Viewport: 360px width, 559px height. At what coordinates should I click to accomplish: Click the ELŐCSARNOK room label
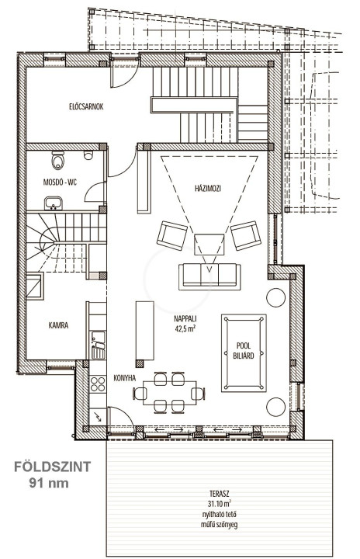pos(86,106)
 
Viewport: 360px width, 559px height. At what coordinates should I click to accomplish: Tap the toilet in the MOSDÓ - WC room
pos(57,160)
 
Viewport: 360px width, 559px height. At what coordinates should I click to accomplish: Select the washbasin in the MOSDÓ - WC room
pos(54,203)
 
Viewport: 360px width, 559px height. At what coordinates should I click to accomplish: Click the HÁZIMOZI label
pos(208,188)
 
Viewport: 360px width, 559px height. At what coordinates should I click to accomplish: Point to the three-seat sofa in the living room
pos(209,276)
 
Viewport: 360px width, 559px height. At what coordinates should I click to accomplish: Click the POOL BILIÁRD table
pos(244,353)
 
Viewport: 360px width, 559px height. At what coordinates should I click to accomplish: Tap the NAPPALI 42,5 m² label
pos(185,323)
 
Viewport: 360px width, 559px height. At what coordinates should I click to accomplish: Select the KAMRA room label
pos(58,325)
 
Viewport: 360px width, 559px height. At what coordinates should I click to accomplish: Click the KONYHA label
pos(125,378)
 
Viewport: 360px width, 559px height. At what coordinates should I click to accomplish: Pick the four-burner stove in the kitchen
pos(98,384)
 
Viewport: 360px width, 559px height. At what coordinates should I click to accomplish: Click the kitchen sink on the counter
pos(98,345)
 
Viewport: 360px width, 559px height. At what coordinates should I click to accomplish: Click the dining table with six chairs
pos(169,393)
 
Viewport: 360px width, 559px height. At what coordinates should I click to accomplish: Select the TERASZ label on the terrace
pos(220,494)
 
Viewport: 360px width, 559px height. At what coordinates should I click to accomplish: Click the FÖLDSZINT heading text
pos(53,467)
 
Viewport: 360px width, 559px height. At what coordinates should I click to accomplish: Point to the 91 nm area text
pos(49,483)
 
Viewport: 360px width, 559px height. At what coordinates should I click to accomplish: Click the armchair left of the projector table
pos(172,235)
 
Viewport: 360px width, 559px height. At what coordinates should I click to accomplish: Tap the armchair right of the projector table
pos(246,235)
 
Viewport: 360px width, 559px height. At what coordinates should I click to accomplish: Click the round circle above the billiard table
pos(276,297)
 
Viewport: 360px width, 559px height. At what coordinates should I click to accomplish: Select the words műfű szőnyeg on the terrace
pos(220,524)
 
